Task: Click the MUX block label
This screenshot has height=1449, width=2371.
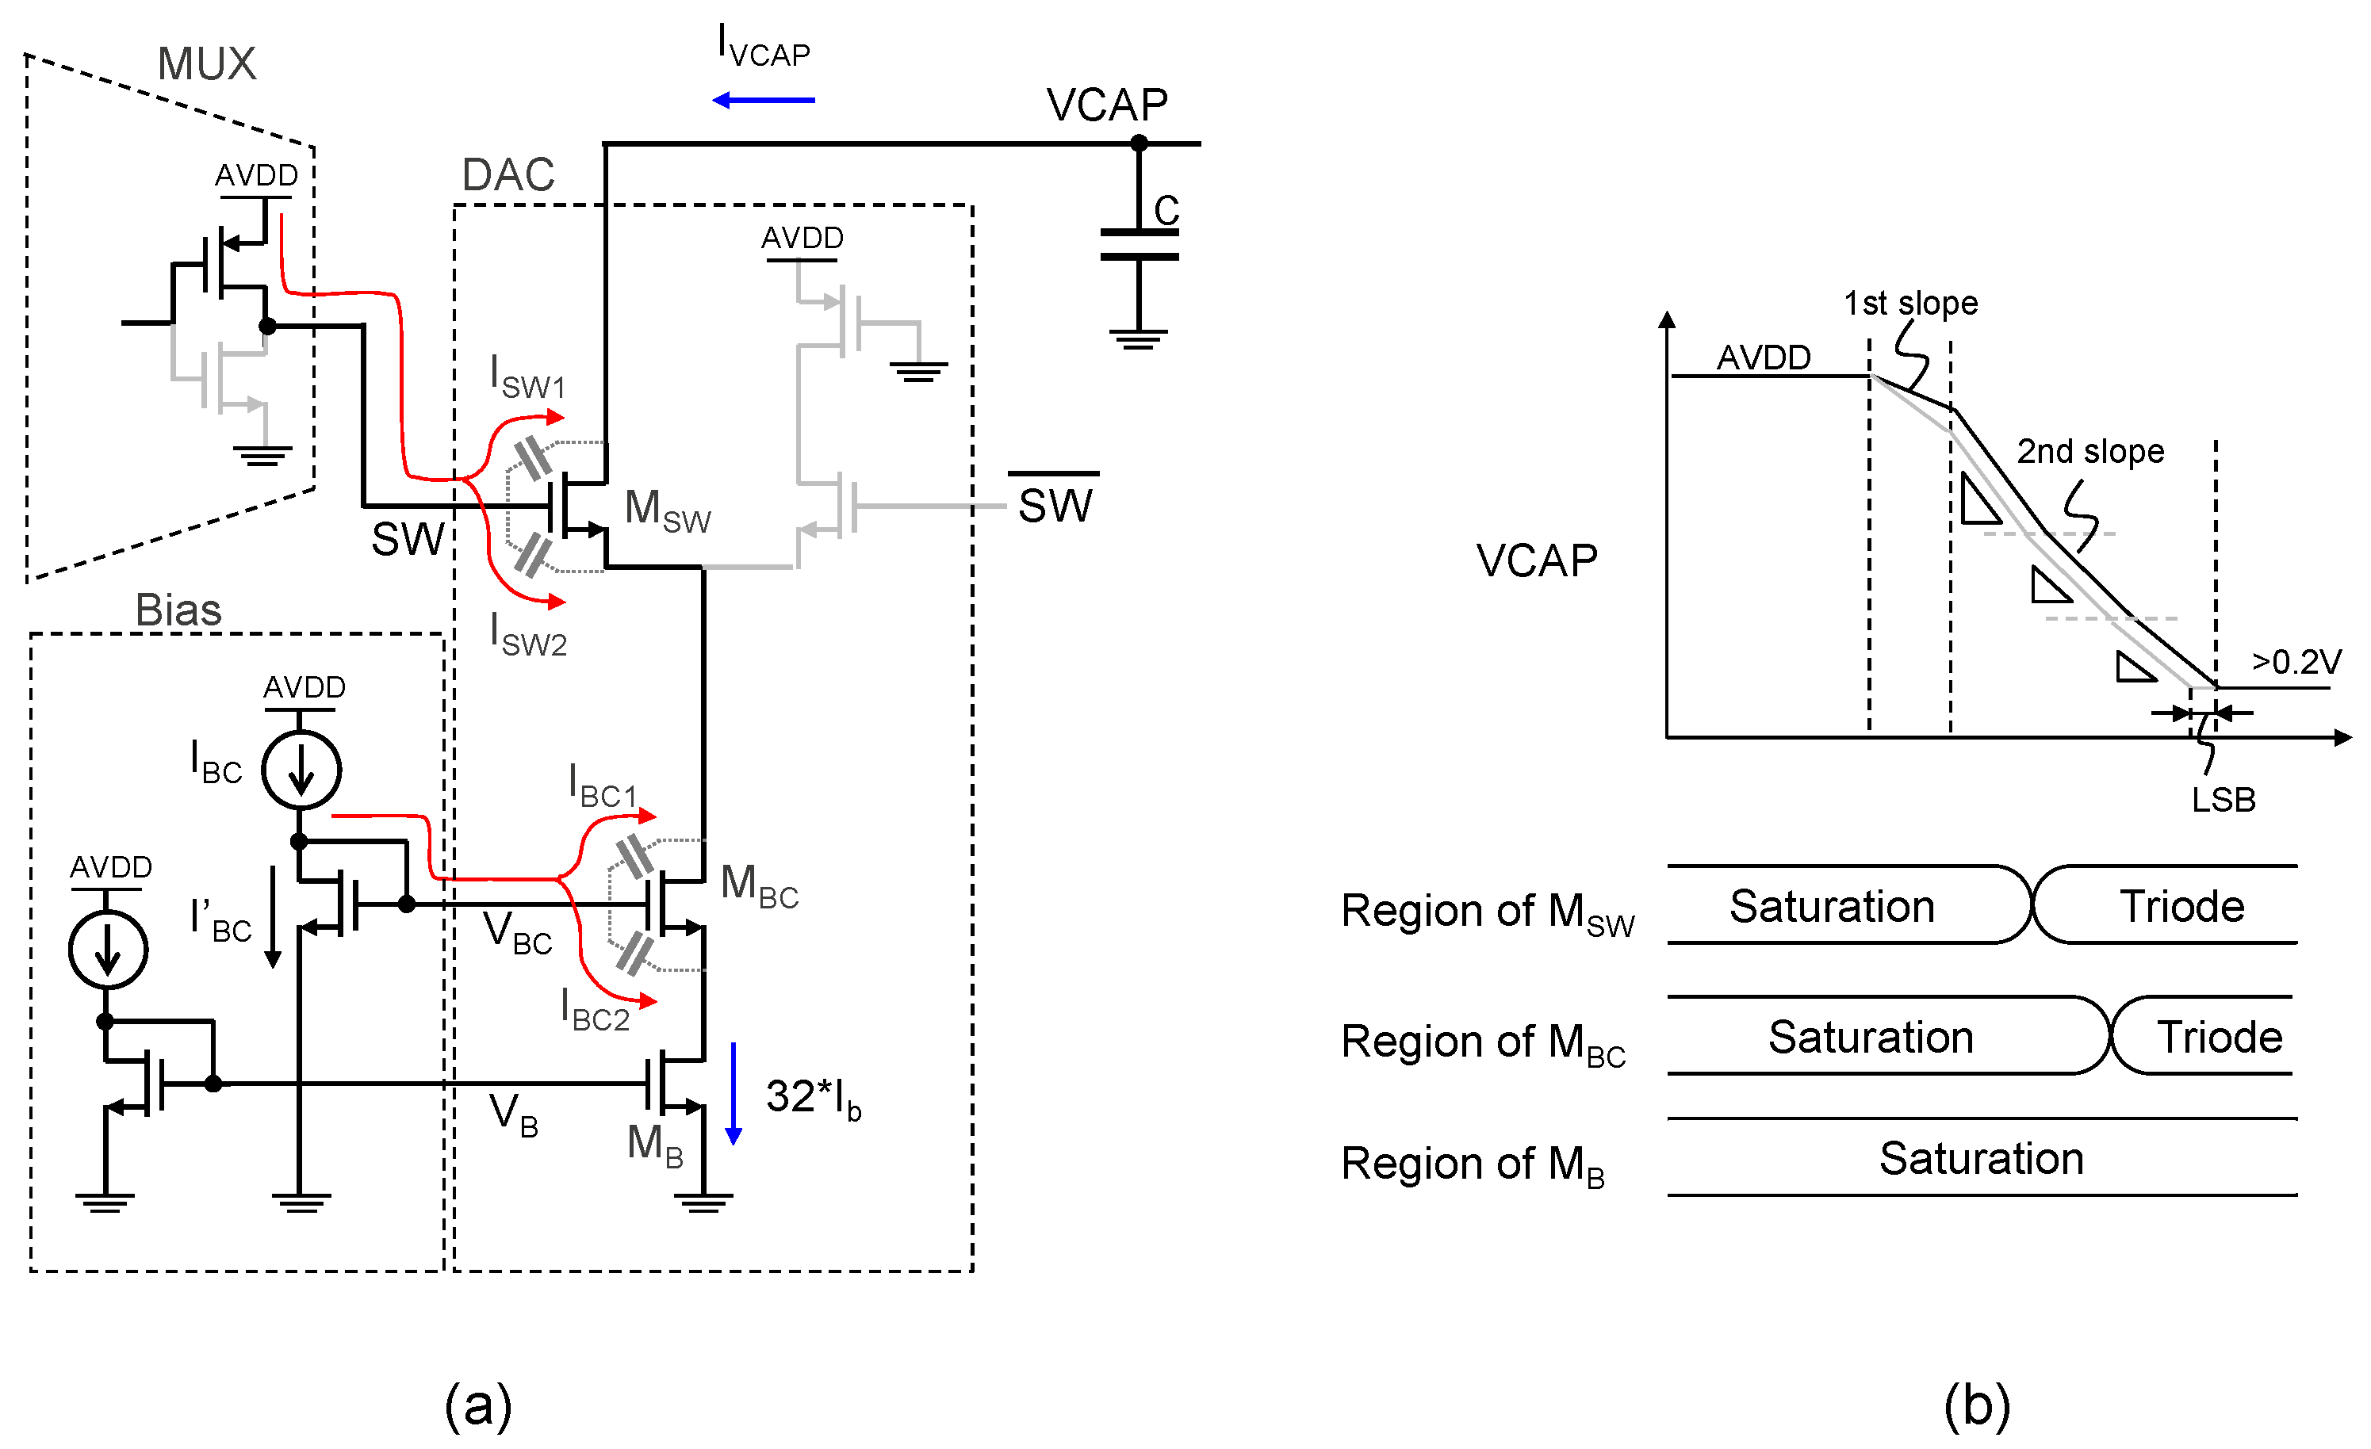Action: click(206, 63)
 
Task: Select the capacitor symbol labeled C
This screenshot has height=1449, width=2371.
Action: click(1139, 244)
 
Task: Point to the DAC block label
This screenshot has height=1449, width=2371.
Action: click(508, 175)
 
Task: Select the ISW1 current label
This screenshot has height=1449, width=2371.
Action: click(527, 377)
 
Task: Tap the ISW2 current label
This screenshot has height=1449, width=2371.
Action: click(528, 635)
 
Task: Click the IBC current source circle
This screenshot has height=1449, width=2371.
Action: click(301, 770)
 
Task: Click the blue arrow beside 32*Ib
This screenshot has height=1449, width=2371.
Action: click(734, 1093)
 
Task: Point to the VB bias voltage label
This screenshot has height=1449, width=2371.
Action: click(513, 1114)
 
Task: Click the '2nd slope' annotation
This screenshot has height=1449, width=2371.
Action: click(2090, 450)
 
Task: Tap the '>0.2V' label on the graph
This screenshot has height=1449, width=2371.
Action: click(2296, 662)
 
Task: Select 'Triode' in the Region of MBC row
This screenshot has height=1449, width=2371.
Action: click(2219, 1036)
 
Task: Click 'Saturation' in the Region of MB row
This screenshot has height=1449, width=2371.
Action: click(1980, 1157)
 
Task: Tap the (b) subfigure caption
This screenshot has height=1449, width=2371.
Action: click(1976, 1405)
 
